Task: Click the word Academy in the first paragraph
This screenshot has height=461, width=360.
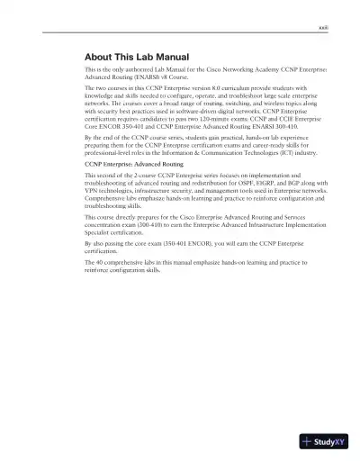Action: [236, 68]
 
